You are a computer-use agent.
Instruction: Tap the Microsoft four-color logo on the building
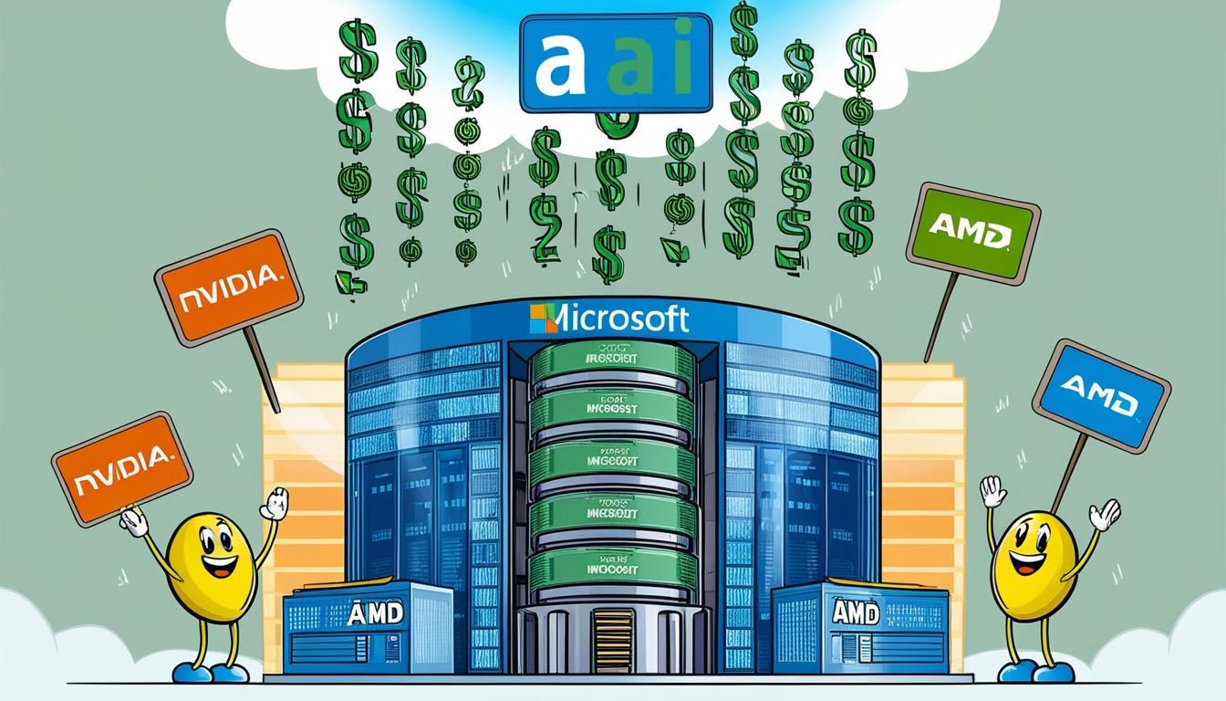click(x=543, y=319)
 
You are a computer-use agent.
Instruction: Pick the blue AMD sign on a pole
click(x=1101, y=394)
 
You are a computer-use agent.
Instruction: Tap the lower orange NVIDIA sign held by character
click(x=122, y=468)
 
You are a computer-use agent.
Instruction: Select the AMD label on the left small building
click(x=375, y=613)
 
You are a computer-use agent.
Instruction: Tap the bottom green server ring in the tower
click(x=612, y=568)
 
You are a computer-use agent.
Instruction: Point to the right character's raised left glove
click(x=1104, y=515)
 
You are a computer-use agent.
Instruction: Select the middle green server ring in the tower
click(x=612, y=463)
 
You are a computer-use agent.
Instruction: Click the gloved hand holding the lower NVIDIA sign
click(x=134, y=522)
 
